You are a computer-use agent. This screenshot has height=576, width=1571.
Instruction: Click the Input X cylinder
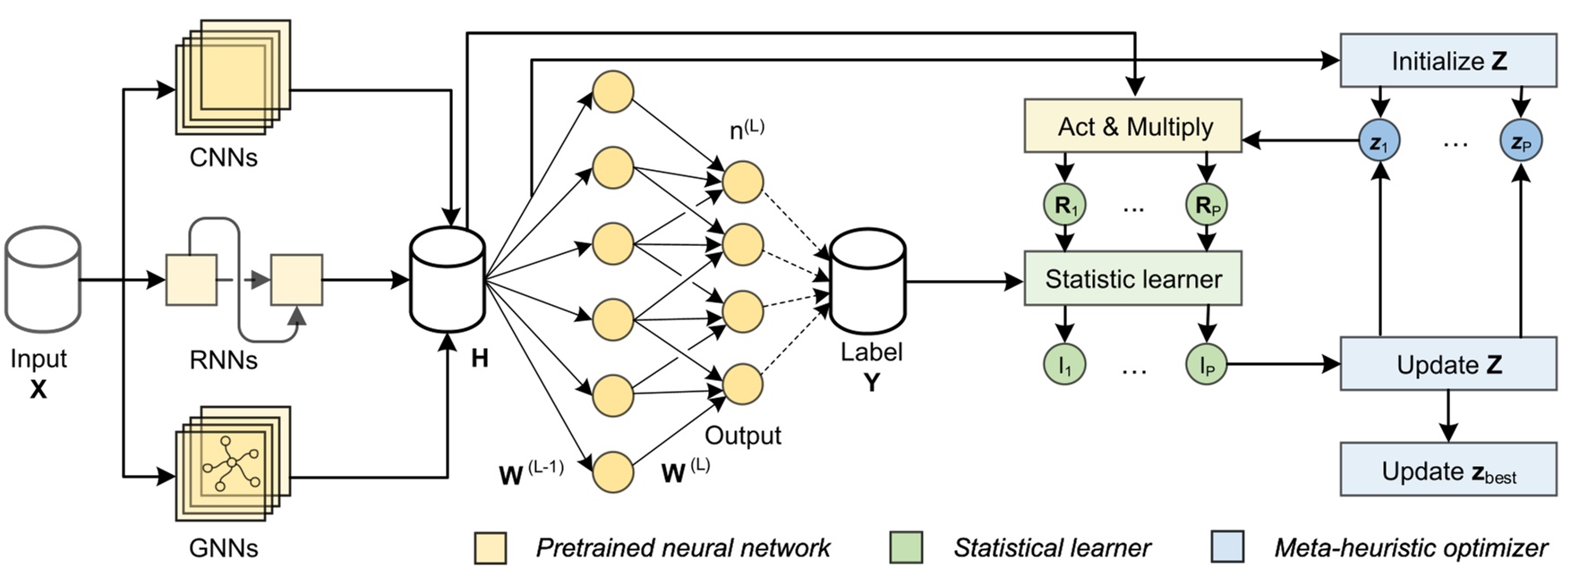point(43,279)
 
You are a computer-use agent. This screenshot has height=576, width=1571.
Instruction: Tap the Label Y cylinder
point(867,281)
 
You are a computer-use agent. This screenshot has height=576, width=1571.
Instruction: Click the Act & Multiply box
point(1132,126)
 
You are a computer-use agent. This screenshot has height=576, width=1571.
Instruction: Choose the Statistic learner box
point(1132,279)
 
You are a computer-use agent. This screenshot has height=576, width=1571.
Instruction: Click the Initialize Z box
point(1447,61)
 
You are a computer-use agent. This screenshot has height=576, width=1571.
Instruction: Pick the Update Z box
point(1447,364)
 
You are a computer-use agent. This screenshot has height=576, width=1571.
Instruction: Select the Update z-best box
point(1447,470)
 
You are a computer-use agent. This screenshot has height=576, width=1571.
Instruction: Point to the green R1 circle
point(1064,206)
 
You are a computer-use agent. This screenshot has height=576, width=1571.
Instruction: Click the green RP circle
point(1206,206)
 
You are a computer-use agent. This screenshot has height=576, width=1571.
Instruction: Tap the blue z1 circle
point(1379,141)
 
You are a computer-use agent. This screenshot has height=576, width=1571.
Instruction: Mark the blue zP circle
point(1520,141)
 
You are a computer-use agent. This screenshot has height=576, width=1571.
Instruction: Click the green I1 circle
point(1064,364)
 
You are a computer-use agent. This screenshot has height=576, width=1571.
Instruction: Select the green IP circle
point(1206,364)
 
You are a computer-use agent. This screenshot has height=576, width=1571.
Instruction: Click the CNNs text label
point(223,157)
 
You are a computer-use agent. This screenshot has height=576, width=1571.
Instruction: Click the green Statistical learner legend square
point(906,547)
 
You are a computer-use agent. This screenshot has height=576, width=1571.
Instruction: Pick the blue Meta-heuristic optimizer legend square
point(1226,547)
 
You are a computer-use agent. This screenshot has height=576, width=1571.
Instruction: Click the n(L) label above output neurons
point(747,131)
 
